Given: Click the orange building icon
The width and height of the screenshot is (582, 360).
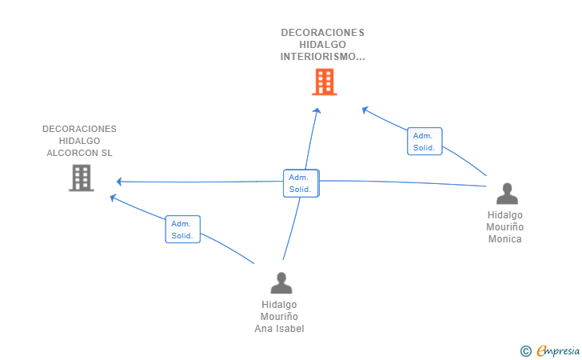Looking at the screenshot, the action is point(325,82).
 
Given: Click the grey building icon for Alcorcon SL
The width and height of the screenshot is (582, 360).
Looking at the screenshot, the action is point(82,178).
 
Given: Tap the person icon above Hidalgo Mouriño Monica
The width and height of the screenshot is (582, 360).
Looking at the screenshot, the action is point(507,194).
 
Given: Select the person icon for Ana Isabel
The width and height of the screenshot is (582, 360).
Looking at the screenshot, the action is point(281,283).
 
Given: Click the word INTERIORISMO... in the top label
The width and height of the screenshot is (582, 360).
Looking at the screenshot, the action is point(322,57).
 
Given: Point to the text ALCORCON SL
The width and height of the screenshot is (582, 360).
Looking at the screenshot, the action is point(79,153).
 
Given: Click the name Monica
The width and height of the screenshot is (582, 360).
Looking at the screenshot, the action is point(504,239).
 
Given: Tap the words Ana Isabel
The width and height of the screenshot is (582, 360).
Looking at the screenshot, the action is point(279,329).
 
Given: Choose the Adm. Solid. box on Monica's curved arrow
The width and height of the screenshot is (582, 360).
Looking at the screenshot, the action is point(425,141).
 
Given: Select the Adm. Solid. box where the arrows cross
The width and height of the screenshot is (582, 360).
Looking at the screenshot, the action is point(301,183).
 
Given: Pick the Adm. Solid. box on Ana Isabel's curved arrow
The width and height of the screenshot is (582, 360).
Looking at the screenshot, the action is point(182,230).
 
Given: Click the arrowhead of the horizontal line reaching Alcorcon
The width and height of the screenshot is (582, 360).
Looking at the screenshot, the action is point(119,182).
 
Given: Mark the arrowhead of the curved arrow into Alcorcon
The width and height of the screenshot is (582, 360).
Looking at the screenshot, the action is point(113,198).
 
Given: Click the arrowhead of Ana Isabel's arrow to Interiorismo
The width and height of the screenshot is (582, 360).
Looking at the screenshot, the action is point(317,110).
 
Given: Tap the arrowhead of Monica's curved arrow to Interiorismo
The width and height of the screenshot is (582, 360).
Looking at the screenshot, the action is point(365,110).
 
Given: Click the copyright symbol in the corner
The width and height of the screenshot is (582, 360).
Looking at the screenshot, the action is point(525,351).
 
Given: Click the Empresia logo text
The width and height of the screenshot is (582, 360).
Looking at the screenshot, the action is point(558,351).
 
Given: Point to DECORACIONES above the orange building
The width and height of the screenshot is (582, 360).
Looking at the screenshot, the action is point(322,33).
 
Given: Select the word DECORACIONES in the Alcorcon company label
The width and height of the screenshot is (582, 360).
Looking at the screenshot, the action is point(79,129).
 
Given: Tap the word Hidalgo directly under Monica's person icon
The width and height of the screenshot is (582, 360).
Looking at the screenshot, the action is point(504,215).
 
